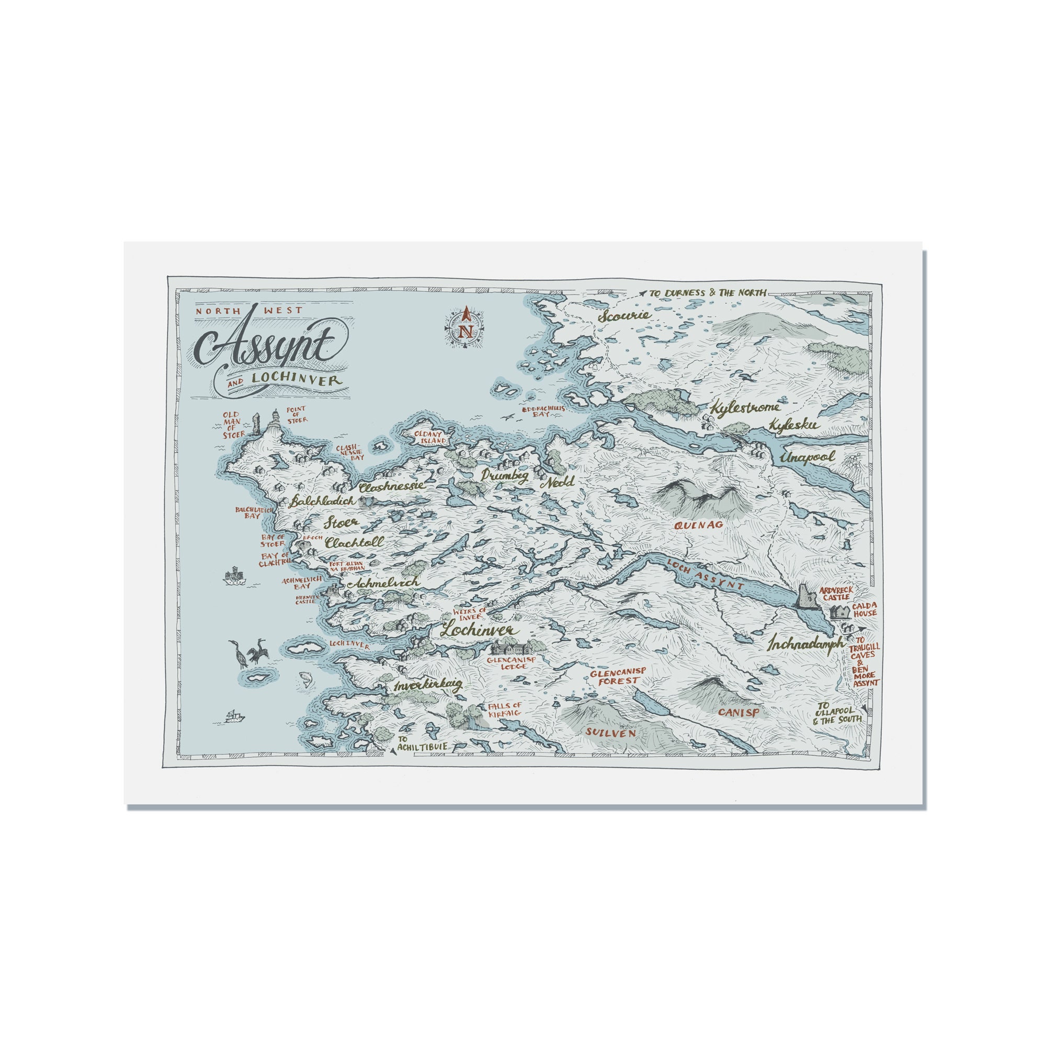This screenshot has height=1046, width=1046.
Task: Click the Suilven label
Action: tap(610, 733)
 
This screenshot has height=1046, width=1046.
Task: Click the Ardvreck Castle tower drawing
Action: tap(806, 597)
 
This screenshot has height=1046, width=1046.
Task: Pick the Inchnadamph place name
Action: tap(805, 645)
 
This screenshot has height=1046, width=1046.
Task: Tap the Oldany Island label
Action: tap(430, 437)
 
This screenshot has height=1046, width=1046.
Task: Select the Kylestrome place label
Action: tap(745, 407)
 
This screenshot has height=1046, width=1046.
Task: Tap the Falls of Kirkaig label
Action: tap(504, 710)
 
